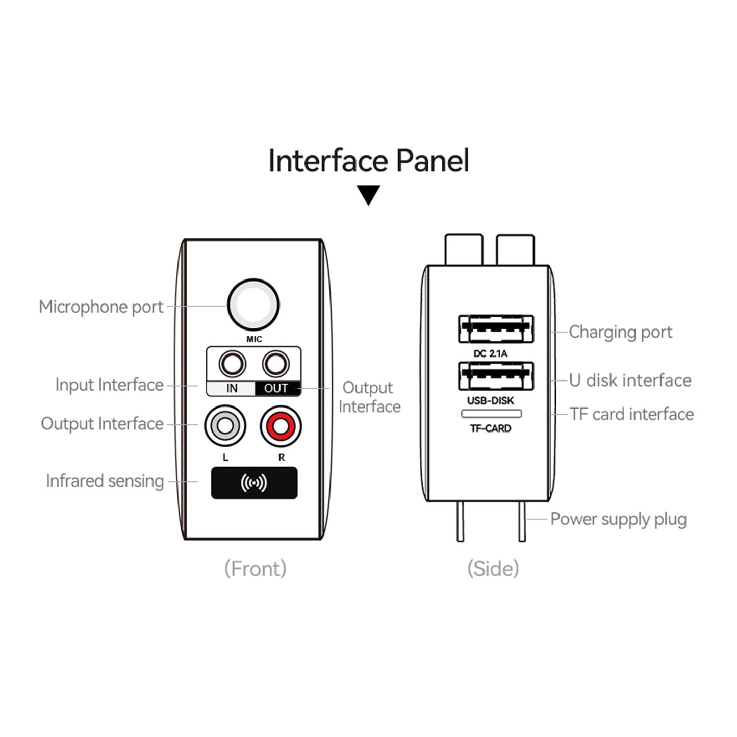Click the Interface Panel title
tap(368, 161)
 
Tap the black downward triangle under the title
tap(368, 194)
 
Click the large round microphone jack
tap(253, 305)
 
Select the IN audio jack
tap(232, 364)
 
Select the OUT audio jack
tap(275, 364)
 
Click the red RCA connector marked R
tap(281, 425)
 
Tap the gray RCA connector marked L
tap(225, 425)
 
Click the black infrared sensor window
tap(254, 483)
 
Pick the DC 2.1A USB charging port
tap(496, 329)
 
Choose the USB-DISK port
tap(496, 376)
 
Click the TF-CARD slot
tap(491, 414)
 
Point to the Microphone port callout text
tap(101, 307)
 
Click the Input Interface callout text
tap(109, 385)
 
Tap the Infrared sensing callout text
tap(105, 481)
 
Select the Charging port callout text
tap(620, 332)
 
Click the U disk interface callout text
tap(630, 380)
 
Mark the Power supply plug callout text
tap(618, 519)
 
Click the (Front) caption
tap(255, 568)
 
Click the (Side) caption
tap(493, 568)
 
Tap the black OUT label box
tap(276, 388)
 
